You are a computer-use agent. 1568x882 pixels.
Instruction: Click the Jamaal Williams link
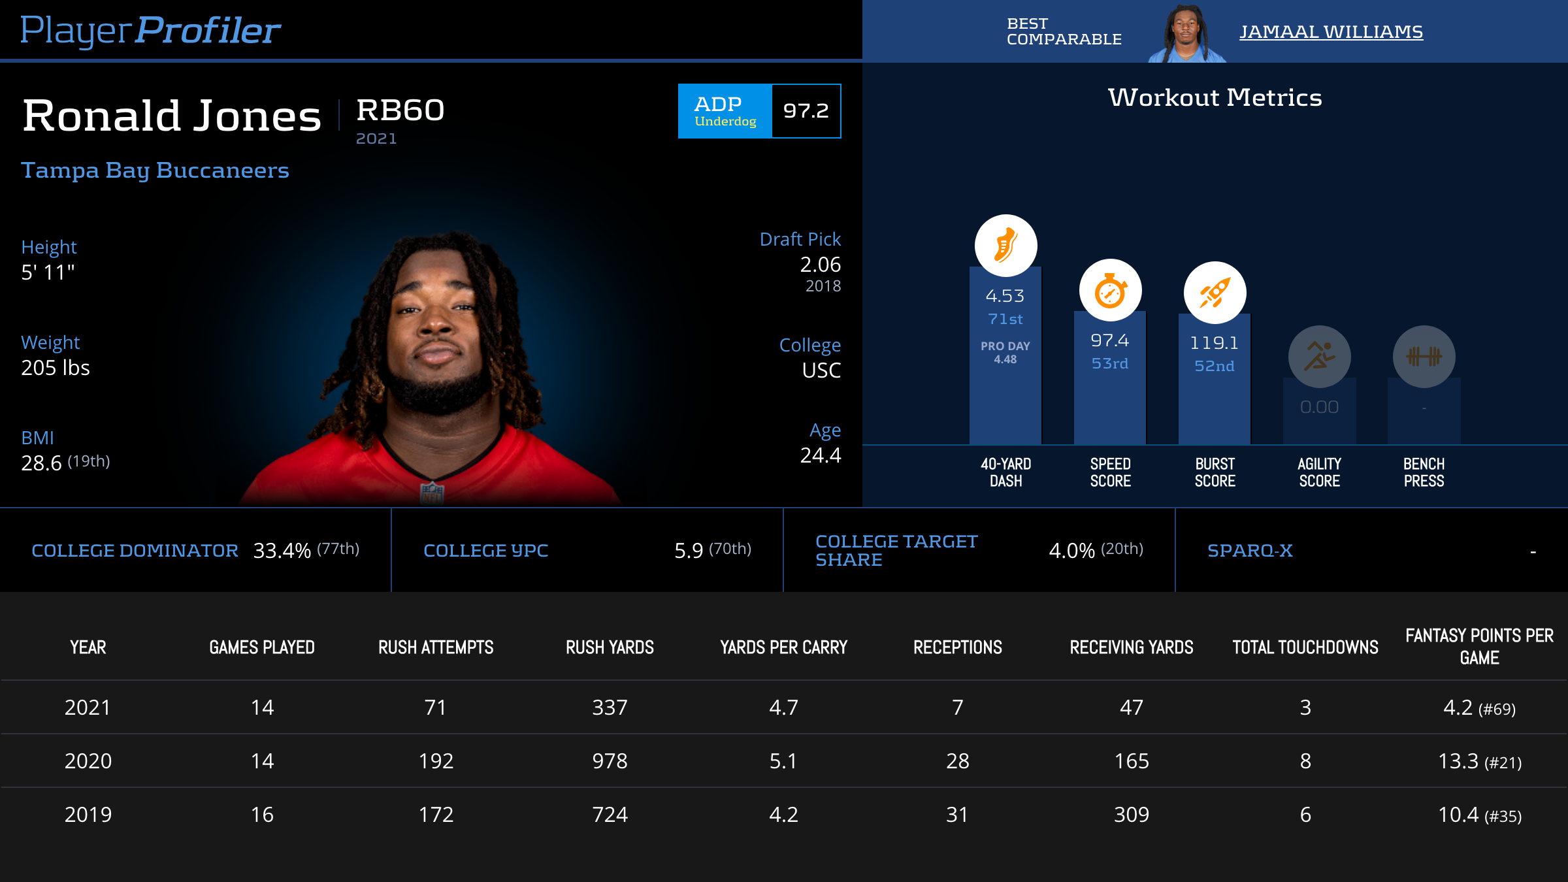click(1331, 31)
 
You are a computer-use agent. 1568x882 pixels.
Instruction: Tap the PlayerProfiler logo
click(150, 30)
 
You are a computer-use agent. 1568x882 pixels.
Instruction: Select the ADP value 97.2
click(806, 111)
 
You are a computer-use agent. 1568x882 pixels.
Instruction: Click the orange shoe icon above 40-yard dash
click(1005, 246)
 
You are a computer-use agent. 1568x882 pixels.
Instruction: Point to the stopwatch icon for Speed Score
click(1110, 291)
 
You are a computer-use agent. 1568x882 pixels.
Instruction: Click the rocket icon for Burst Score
click(1215, 293)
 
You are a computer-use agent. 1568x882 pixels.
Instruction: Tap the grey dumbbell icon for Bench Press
click(1424, 357)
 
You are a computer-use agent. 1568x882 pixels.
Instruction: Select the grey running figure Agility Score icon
click(1319, 357)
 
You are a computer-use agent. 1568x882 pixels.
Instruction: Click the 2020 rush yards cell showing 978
click(610, 761)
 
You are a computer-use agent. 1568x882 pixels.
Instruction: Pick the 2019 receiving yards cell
click(1131, 815)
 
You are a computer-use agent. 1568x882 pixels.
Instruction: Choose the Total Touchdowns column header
click(1305, 647)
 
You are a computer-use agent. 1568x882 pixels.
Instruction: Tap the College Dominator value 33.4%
click(282, 551)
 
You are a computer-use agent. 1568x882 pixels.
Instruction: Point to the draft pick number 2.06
click(820, 265)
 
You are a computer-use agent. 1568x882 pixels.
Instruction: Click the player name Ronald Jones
click(172, 116)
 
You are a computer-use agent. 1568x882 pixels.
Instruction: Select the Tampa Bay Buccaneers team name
click(155, 170)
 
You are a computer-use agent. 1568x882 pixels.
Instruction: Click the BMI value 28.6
click(41, 463)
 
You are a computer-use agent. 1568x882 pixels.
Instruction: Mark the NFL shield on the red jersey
click(432, 492)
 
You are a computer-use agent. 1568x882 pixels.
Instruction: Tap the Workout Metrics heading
click(1215, 97)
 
